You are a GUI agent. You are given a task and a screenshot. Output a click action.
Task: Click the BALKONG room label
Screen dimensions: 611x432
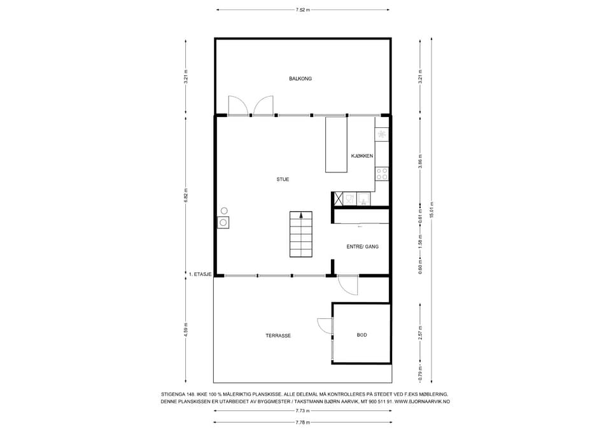point(300,79)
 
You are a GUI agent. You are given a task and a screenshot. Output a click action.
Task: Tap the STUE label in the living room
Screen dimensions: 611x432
point(283,179)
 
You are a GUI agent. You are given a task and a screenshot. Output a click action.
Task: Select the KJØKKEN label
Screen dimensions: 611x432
point(362,156)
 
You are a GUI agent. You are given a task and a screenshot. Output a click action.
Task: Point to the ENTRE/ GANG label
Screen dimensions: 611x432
point(362,247)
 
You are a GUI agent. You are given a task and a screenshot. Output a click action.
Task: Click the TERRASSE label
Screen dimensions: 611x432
point(278,335)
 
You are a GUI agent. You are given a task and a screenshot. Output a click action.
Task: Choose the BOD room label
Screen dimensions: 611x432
point(362,335)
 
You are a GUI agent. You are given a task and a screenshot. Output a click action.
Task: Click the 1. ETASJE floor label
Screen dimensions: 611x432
point(200,274)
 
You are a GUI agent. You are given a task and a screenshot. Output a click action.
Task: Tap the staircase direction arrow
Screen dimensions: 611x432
point(301,215)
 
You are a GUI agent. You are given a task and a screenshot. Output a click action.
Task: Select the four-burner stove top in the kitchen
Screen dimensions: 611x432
point(382,174)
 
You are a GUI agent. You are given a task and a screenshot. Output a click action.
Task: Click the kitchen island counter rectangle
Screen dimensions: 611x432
point(336,144)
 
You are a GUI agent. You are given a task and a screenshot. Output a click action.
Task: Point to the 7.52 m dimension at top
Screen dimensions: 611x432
point(303,10)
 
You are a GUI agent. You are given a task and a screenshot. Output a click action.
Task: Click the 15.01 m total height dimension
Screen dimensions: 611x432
point(432,211)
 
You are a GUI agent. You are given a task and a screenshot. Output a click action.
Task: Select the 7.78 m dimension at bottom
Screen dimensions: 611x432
point(303,422)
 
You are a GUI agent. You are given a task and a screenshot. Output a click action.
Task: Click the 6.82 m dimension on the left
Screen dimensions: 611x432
point(186,195)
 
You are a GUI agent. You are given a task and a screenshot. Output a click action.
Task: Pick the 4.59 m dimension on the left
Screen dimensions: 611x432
point(186,330)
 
